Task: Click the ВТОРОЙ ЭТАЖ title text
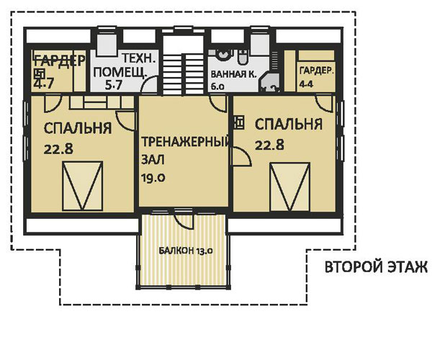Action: tap(375, 268)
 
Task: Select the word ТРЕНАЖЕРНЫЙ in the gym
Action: tap(184, 141)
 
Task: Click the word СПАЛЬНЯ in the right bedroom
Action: tap(287, 125)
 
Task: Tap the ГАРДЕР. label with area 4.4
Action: tap(316, 71)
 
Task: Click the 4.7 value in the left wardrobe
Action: tap(40, 84)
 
